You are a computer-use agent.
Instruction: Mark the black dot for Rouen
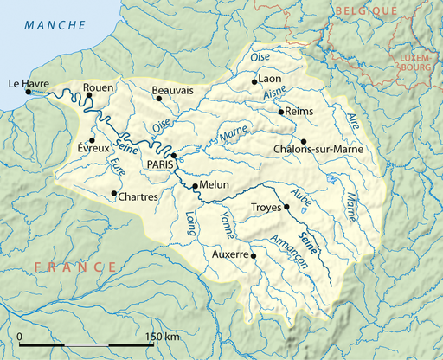coord(89,95)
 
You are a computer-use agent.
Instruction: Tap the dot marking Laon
coord(254,82)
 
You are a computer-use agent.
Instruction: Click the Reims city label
coord(299,111)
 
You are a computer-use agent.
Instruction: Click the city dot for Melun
coord(195,186)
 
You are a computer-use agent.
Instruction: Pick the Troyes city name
coord(265,208)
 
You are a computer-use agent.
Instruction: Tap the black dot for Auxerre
coord(253,256)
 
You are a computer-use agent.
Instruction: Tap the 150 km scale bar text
coord(164,336)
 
